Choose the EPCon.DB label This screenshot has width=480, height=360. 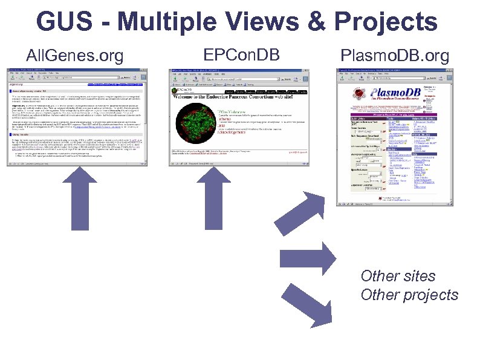(241, 55)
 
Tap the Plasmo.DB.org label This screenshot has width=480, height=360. (395, 56)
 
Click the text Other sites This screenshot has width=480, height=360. (398, 276)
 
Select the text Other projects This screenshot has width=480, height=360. (409, 295)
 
